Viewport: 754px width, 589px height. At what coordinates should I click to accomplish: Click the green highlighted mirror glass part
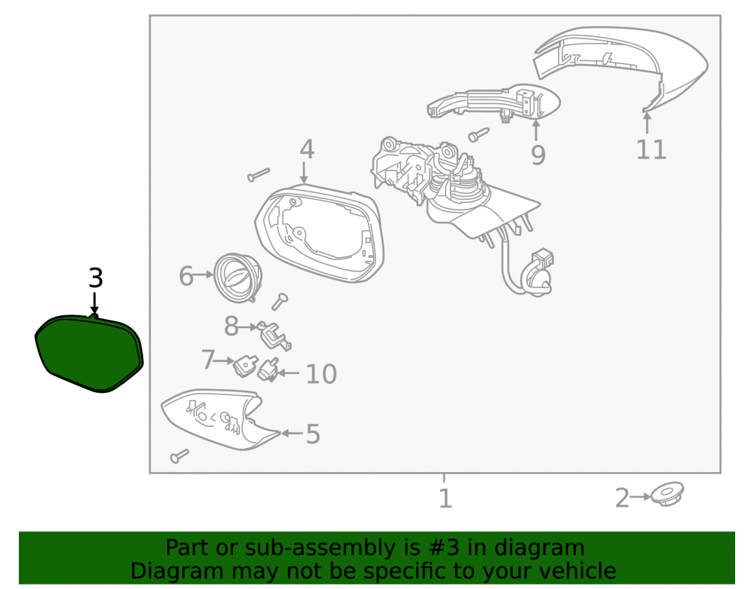[90, 352]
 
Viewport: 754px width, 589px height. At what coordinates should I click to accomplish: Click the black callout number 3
[96, 278]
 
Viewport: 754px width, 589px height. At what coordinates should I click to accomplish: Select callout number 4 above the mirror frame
[307, 149]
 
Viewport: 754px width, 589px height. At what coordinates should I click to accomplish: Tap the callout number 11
[651, 149]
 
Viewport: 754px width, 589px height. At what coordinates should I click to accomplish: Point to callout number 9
[538, 155]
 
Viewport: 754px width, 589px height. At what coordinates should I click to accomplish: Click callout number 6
[186, 276]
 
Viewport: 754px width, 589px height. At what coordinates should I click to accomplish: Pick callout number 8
[231, 327]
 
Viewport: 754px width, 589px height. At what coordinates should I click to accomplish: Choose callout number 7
[208, 360]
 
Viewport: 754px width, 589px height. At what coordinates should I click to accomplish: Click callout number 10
[321, 374]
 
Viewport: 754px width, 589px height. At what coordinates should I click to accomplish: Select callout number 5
[313, 434]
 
